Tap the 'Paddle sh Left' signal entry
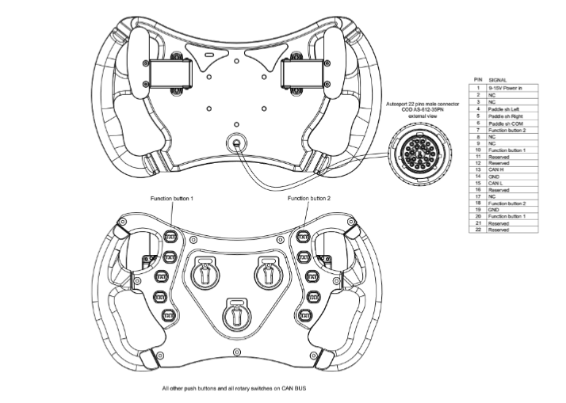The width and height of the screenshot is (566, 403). click(x=503, y=108)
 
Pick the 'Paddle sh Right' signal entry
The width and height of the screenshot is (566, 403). click(x=504, y=115)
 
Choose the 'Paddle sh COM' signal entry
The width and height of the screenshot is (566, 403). click(x=504, y=122)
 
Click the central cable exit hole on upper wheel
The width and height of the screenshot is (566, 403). click(x=235, y=143)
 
